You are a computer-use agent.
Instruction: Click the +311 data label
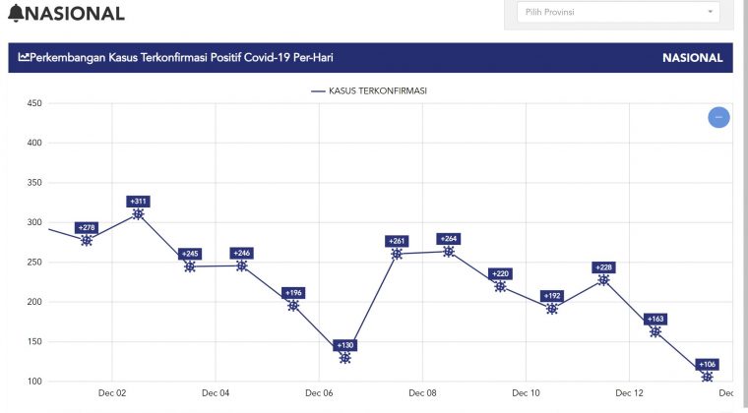pyautogui.click(x=138, y=201)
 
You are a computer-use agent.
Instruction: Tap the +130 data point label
pyautogui.click(x=345, y=345)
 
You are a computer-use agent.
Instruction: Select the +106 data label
pyautogui.click(x=707, y=364)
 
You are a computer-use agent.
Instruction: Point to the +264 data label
pyautogui.click(x=449, y=238)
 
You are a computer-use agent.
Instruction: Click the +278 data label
pyautogui.click(x=87, y=227)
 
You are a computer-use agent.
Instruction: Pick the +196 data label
pyautogui.click(x=293, y=292)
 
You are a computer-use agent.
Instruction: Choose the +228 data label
pyautogui.click(x=603, y=266)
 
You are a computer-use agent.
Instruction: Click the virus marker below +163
pyautogui.click(x=655, y=331)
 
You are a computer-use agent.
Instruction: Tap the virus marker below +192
pyautogui.click(x=552, y=309)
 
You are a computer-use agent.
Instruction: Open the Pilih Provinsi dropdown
pyautogui.click(x=618, y=13)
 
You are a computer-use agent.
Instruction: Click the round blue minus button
pyautogui.click(x=719, y=117)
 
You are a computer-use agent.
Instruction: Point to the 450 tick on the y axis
pyautogui.click(x=34, y=103)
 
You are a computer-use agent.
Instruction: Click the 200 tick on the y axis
pyautogui.click(x=34, y=302)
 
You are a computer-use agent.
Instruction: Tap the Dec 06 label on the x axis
pyautogui.click(x=319, y=393)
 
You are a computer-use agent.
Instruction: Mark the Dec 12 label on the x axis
pyautogui.click(x=630, y=393)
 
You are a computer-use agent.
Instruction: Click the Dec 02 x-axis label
pyautogui.click(x=112, y=393)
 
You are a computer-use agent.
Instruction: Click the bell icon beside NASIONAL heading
pyautogui.click(x=16, y=14)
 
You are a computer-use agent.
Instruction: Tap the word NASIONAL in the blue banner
pyautogui.click(x=693, y=58)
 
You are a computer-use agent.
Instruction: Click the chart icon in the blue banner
pyautogui.click(x=25, y=58)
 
